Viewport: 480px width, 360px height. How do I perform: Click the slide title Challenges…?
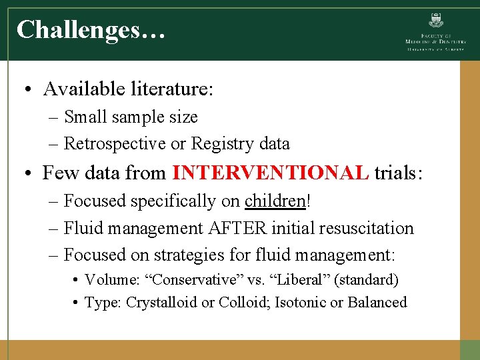click(91, 30)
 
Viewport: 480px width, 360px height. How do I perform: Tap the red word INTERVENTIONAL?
click(270, 173)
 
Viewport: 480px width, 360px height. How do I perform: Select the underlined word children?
click(275, 201)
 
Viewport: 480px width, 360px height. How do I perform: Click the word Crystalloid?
click(162, 302)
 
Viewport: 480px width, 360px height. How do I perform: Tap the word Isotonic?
click(299, 302)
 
